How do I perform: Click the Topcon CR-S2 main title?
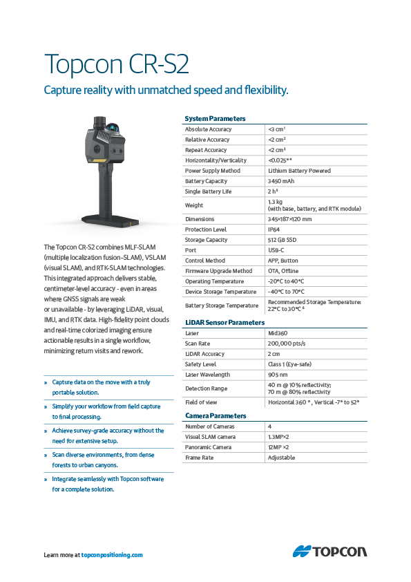tap(116, 64)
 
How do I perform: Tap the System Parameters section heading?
tap(215, 119)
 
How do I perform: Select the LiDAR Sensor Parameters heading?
tap(224, 323)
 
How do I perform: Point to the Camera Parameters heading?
tap(216, 416)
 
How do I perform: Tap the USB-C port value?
tap(276, 250)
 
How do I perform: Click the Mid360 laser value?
tap(278, 333)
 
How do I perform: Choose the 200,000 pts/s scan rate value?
tap(289, 344)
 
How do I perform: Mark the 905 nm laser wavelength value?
tap(278, 375)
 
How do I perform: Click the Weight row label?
tap(194, 205)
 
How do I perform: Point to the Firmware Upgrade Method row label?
tap(218, 271)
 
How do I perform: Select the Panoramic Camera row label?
tap(209, 447)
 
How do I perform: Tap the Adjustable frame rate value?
tap(283, 458)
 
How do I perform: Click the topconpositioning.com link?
tap(112, 555)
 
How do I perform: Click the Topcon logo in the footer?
tap(329, 552)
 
